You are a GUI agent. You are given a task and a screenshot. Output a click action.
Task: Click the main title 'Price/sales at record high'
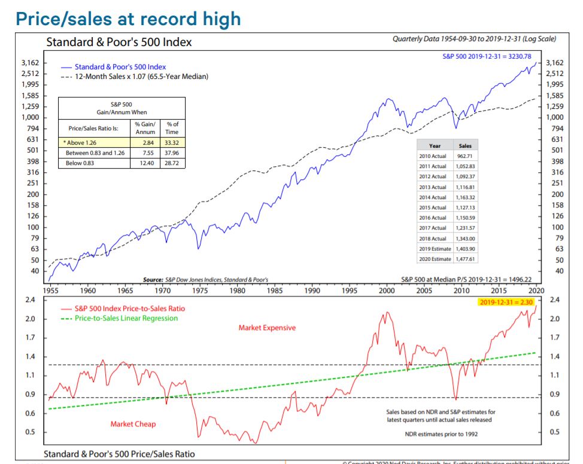(x=128, y=18)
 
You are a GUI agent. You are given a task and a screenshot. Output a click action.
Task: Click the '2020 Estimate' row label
(x=433, y=260)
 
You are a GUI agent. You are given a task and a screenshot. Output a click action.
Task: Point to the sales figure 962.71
(x=464, y=155)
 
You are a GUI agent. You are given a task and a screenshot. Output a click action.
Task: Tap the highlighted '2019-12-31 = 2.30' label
(x=506, y=303)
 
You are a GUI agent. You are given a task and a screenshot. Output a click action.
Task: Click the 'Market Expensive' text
(x=267, y=328)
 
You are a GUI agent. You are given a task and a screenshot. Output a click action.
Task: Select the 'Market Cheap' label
(x=133, y=424)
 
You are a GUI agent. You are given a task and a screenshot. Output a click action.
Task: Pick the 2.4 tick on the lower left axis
(x=28, y=300)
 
